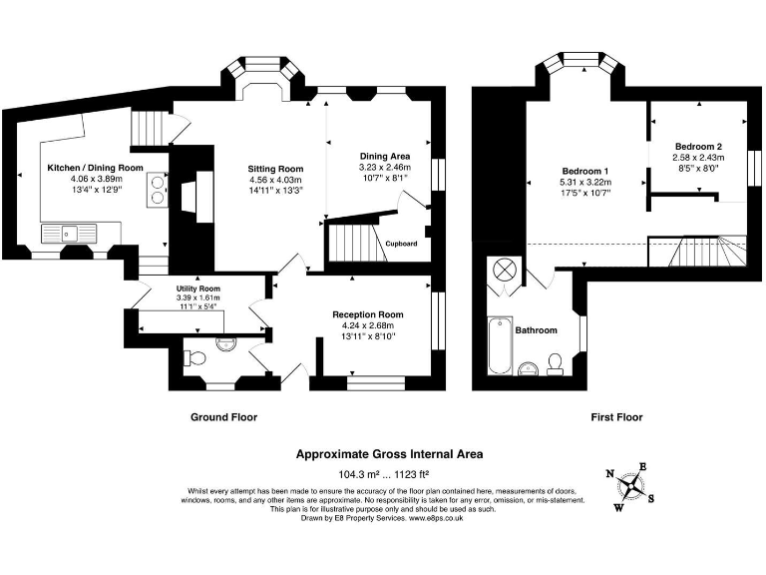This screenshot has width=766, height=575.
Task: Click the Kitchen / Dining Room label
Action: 96,168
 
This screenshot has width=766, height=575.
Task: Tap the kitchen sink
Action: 69,234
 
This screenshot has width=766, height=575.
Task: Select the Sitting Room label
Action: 275,169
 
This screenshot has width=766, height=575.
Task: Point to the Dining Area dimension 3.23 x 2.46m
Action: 385,168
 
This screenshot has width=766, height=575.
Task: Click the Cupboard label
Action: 401,244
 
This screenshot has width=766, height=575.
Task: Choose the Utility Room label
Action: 198,288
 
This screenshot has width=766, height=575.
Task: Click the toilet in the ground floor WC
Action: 194,358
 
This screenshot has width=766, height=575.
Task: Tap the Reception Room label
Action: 368,314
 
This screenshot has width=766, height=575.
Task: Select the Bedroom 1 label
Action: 585,171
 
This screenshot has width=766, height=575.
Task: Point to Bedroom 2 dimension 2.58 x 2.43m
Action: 698,158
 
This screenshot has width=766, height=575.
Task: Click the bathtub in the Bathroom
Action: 500,345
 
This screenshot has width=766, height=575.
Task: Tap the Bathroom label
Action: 536,330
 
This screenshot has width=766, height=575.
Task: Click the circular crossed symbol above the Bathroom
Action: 503,270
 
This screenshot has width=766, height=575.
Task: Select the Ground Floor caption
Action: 223,417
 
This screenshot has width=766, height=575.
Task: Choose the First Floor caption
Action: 616,417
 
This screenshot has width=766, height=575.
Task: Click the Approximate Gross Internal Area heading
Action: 389,454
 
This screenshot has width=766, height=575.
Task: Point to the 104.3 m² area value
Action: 359,474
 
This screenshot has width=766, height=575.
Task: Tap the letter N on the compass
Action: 609,473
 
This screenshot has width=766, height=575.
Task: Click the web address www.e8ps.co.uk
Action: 436,518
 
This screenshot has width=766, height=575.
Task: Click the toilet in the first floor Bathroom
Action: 555,364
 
